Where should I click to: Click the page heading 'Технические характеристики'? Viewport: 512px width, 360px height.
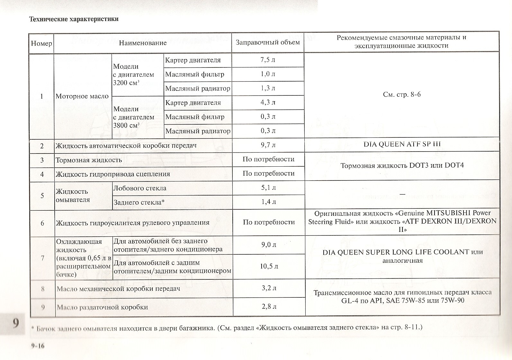pyautogui.click(x=74, y=19)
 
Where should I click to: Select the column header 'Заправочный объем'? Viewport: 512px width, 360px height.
pyautogui.click(x=268, y=42)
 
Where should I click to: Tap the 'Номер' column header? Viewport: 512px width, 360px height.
pyautogui.click(x=41, y=43)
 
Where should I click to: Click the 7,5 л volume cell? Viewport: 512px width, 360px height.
pyautogui.click(x=268, y=60)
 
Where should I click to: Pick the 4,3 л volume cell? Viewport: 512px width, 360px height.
pyautogui.click(x=268, y=102)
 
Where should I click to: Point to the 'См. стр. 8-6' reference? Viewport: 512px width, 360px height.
pyautogui.click(x=402, y=94)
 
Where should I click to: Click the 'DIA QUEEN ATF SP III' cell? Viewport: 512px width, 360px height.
pyautogui.click(x=402, y=144)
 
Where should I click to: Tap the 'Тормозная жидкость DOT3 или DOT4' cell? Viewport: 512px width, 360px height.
pyautogui.click(x=402, y=166)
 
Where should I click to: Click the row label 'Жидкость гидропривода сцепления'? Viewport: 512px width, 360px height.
pyautogui.click(x=113, y=174)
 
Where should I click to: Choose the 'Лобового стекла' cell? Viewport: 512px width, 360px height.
pyautogui.click(x=139, y=188)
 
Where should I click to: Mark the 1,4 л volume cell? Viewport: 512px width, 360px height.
pyautogui.click(x=268, y=202)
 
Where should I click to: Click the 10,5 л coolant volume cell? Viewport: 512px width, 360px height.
pyautogui.click(x=269, y=266)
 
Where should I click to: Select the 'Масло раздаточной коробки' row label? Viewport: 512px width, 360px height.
pyautogui.click(x=102, y=307)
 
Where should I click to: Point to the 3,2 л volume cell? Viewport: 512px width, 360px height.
pyautogui.click(x=269, y=288)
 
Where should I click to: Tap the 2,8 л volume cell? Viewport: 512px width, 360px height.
pyautogui.click(x=269, y=306)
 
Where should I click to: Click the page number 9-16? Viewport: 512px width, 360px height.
pyautogui.click(x=38, y=346)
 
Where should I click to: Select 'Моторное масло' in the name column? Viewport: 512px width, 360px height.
pyautogui.click(x=82, y=96)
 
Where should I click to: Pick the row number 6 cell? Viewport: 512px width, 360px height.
pyautogui.click(x=42, y=223)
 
